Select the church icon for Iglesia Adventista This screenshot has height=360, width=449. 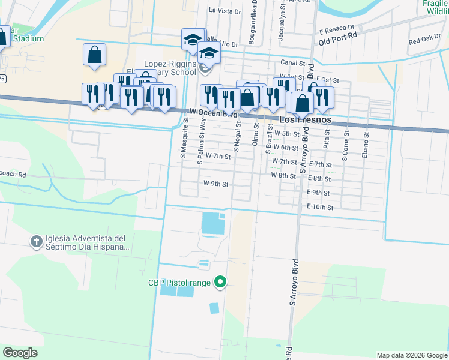point(36,242)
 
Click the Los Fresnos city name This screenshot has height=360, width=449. point(306,119)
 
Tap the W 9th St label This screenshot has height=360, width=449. point(215,184)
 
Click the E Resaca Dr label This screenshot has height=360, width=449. point(337,29)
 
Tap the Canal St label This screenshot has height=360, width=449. point(294,62)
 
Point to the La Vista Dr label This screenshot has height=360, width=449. point(224,11)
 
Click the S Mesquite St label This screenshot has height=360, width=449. point(185,137)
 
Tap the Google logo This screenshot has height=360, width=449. point(20,353)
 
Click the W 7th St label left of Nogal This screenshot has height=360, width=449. point(218,156)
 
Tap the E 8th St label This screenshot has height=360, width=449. point(319,178)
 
